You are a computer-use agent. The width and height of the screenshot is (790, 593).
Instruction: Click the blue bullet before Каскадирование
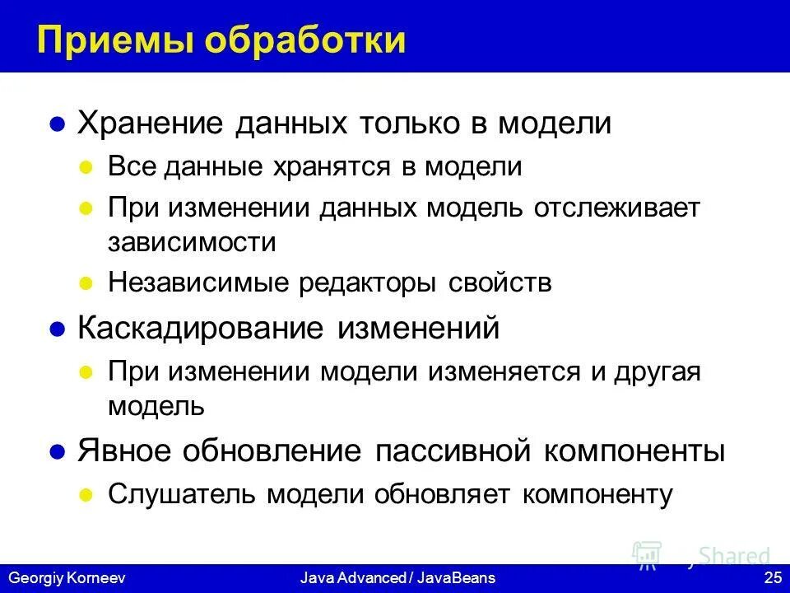point(57,329)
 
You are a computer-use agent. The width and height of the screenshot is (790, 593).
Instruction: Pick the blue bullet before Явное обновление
point(57,452)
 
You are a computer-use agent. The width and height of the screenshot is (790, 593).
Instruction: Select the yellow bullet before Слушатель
point(84,494)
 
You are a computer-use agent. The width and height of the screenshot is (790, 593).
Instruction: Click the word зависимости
point(191,242)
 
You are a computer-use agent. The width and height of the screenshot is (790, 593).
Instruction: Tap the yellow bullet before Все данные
point(84,167)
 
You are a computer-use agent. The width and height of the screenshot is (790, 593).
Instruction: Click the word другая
point(656,371)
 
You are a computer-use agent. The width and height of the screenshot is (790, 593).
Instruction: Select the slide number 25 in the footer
point(772,578)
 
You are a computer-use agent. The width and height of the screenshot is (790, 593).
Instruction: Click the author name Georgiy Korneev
point(65,578)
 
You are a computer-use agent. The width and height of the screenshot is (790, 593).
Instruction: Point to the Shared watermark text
point(735,555)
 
